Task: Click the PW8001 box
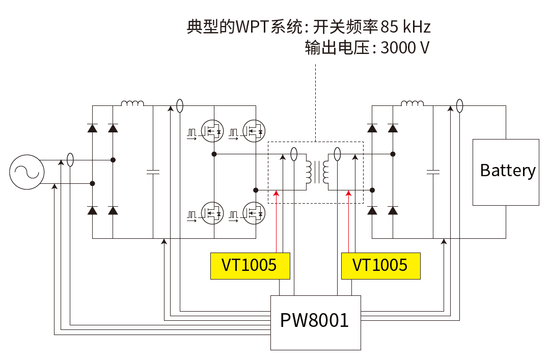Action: [315, 322]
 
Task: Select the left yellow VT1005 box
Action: [250, 265]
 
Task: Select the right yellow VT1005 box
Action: [380, 265]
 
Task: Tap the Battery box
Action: [506, 172]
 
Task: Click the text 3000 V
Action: [405, 48]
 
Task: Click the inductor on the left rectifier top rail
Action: [132, 104]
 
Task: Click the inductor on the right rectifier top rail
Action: [413, 104]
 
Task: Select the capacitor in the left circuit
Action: [153, 172]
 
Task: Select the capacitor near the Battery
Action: [433, 172]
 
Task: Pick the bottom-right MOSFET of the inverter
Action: [253, 213]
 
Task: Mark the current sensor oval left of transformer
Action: [294, 154]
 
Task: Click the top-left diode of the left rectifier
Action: [92, 128]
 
